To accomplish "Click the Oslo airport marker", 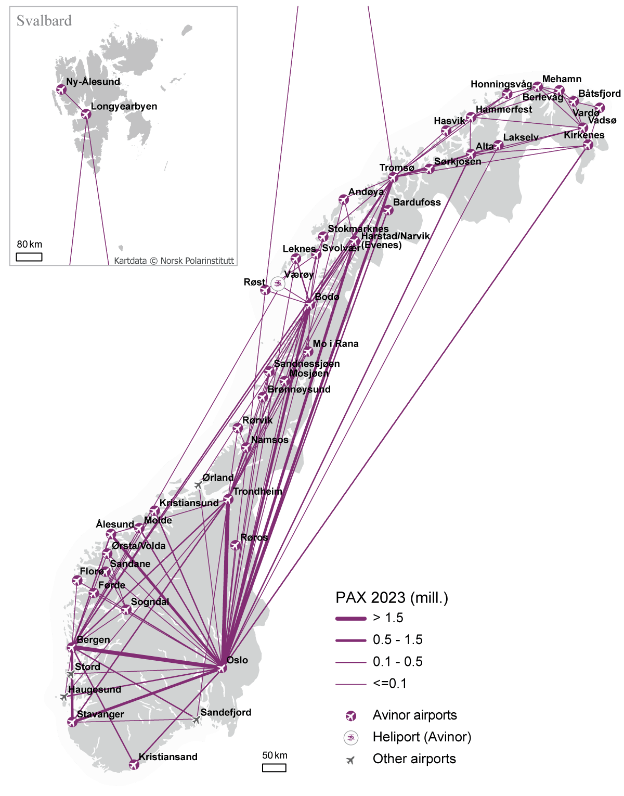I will pos(222,668).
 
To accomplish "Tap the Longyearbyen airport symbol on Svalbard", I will pos(86,114).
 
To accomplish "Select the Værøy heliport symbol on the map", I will pos(278,284).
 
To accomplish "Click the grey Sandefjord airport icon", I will pos(196,720).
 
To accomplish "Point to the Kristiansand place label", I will pos(168,757).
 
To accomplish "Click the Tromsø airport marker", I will pos(393,177).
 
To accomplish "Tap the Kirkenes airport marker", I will pos(588,145).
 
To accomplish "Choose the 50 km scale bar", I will pos(274,767).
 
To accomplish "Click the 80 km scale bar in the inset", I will pos(29,256).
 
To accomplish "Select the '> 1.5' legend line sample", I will pos(351,618).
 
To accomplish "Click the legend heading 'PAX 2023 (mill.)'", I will pos(392,598).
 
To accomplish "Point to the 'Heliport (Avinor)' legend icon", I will pos(351,737).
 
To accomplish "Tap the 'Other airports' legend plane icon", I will pos(351,760).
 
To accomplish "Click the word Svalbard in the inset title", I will pos(44,21).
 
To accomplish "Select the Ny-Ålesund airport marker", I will pos(61,89).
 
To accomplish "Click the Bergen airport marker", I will pos(72,648).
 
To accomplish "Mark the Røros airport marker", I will pos(235,545).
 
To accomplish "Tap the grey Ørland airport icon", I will pos(199,485).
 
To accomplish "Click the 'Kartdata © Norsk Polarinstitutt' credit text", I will pos(174,261).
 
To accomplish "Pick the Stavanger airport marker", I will pos(72,722).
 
